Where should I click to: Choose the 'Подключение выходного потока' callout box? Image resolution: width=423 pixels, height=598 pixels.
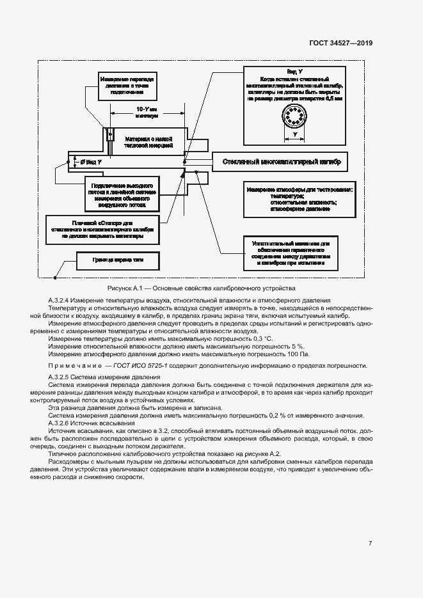click(x=121, y=193)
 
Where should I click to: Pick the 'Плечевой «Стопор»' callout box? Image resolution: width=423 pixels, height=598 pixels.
click(x=102, y=229)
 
